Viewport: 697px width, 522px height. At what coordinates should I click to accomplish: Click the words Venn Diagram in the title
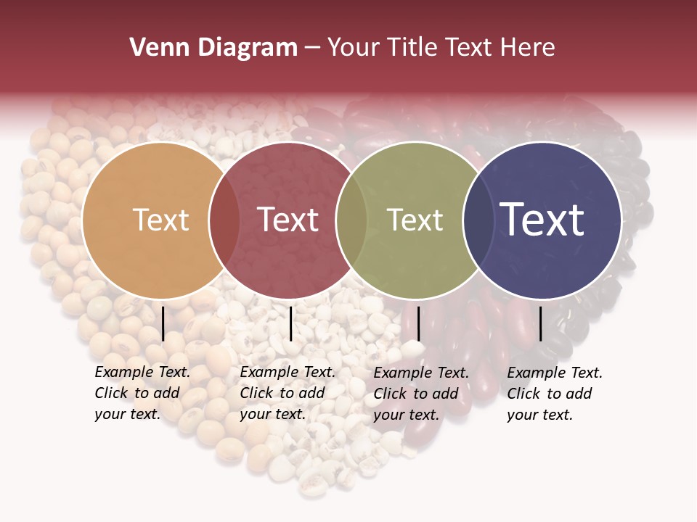[213, 48]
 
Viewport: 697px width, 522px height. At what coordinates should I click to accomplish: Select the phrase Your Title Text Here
[441, 48]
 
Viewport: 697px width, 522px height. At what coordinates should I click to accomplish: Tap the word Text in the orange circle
[160, 220]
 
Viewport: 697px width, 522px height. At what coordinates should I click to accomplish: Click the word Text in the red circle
[288, 220]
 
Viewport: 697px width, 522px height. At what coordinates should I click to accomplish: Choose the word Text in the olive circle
[415, 220]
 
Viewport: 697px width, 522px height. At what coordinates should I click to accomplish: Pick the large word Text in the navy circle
[542, 220]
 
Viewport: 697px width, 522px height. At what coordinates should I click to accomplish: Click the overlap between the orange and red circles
[224, 220]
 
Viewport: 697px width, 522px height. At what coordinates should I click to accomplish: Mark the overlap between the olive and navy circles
[478, 220]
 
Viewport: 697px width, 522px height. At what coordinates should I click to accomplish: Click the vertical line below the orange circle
[163, 323]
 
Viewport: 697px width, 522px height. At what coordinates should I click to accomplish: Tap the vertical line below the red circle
[290, 323]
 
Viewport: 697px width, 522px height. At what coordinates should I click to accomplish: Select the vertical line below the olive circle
[418, 323]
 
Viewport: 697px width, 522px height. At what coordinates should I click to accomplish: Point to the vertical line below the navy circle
[540, 323]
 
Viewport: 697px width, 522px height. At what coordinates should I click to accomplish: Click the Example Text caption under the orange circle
[142, 393]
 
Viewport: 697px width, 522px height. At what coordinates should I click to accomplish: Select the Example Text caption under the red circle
[288, 393]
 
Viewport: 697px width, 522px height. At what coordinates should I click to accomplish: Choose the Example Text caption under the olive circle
[421, 394]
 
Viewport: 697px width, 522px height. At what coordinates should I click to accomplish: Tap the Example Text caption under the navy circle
[555, 394]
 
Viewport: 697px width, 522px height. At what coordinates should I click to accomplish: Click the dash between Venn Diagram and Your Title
[312, 48]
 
